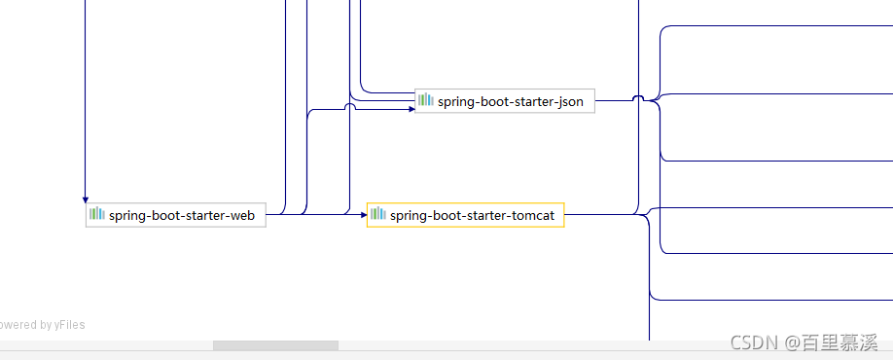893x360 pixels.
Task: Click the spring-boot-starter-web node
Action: click(x=176, y=215)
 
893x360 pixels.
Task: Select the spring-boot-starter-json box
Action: click(x=505, y=101)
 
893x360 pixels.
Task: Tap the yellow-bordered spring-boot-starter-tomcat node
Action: click(x=466, y=215)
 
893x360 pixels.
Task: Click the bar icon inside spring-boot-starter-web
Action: click(x=97, y=214)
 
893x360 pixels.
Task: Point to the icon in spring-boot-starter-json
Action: click(x=426, y=99)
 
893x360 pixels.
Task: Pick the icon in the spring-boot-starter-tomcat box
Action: click(x=378, y=214)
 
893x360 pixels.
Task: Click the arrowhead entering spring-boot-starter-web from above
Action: click(x=86, y=199)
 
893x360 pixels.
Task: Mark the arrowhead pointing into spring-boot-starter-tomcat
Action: click(x=364, y=215)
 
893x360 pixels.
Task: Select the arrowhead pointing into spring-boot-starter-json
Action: click(x=411, y=109)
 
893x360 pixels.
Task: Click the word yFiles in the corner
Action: click(x=69, y=325)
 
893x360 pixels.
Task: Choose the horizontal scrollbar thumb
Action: click(x=275, y=345)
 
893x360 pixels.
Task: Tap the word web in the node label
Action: click(x=242, y=216)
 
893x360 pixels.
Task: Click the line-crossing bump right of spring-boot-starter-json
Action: click(x=638, y=98)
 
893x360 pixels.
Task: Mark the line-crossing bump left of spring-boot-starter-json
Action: click(x=349, y=105)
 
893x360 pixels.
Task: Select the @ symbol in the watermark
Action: click(x=791, y=342)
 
